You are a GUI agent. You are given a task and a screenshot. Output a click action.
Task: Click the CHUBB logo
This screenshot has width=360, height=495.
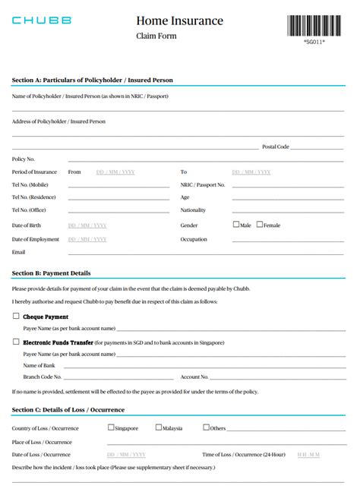click(x=42, y=20)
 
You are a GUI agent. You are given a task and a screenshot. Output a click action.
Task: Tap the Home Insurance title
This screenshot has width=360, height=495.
click(x=180, y=20)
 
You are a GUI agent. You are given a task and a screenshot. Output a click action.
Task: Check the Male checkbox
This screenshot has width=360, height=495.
click(x=236, y=225)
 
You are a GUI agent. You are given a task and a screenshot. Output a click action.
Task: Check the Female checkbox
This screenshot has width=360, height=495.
click(x=260, y=225)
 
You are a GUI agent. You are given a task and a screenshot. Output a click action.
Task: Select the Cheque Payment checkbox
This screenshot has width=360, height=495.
click(x=16, y=316)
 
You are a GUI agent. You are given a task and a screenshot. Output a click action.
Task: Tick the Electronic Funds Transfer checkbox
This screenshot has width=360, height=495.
click(x=16, y=342)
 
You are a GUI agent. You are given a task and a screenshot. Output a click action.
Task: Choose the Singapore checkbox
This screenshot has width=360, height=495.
click(x=111, y=427)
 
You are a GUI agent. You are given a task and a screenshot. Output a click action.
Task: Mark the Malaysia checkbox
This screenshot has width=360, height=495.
click(x=159, y=427)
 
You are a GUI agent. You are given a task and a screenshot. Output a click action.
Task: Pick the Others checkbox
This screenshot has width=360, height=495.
click(x=206, y=427)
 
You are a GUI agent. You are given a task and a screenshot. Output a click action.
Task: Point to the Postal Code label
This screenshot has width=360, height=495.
click(x=275, y=147)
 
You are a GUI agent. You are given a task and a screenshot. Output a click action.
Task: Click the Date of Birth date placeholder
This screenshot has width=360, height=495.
click(x=87, y=225)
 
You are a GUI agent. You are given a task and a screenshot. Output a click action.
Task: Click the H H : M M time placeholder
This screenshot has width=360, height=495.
click(x=309, y=454)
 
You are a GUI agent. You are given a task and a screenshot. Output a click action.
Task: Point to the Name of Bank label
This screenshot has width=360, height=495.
click(x=39, y=365)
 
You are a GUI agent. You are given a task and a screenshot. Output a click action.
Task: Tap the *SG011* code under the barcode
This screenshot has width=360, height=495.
click(x=314, y=42)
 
